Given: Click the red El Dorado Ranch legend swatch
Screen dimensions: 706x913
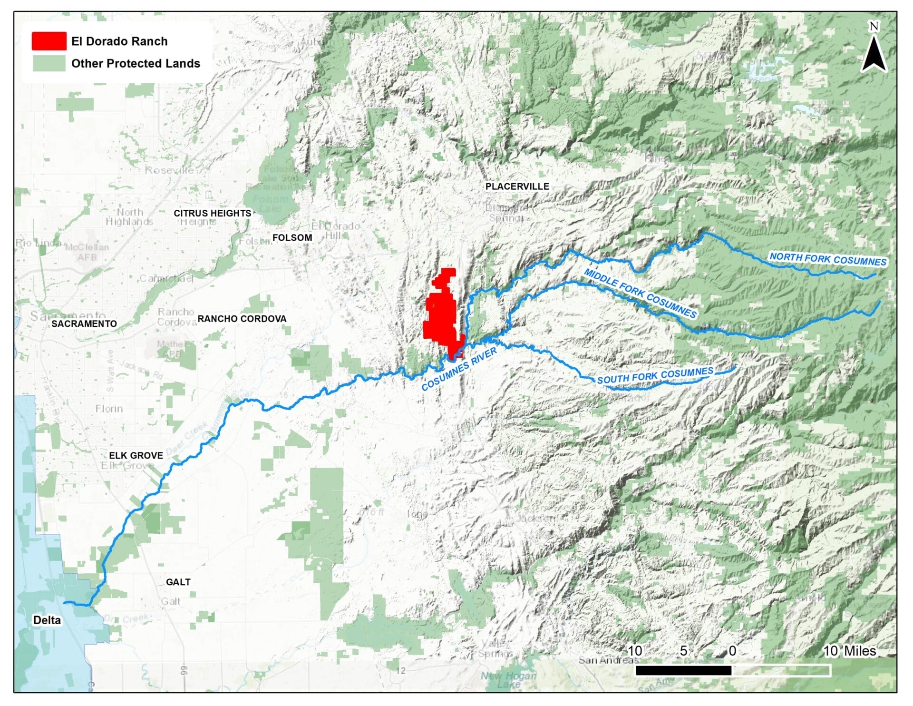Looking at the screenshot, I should point(49,41).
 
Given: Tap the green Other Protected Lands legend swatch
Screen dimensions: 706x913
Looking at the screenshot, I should point(49,63).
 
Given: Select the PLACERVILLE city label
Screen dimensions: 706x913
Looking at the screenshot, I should point(517,186).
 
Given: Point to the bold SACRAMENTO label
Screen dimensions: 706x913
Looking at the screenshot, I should point(84,324).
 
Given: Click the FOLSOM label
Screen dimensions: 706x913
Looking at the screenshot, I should point(292,237).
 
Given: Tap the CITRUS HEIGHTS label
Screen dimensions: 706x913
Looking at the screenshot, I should point(212,213).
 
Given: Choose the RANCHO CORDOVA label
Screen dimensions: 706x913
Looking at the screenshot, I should point(242,319).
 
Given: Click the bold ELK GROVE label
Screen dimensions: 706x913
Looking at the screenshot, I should point(136,455).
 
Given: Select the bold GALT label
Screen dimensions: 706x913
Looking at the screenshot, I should point(178,582).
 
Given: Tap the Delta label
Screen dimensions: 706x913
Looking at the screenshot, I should point(47,620).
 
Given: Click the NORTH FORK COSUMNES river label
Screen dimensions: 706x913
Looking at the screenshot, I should point(828,259).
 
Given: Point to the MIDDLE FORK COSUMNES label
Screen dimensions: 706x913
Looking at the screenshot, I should point(640,293).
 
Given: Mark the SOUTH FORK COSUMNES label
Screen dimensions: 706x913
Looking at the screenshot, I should point(655,375).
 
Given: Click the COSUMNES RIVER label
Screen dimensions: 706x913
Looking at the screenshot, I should point(459,369).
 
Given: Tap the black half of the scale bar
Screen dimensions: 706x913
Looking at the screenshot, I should point(683,670).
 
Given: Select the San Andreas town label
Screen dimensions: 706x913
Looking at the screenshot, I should point(607,660).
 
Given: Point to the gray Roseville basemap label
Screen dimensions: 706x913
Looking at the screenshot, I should point(169,170).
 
